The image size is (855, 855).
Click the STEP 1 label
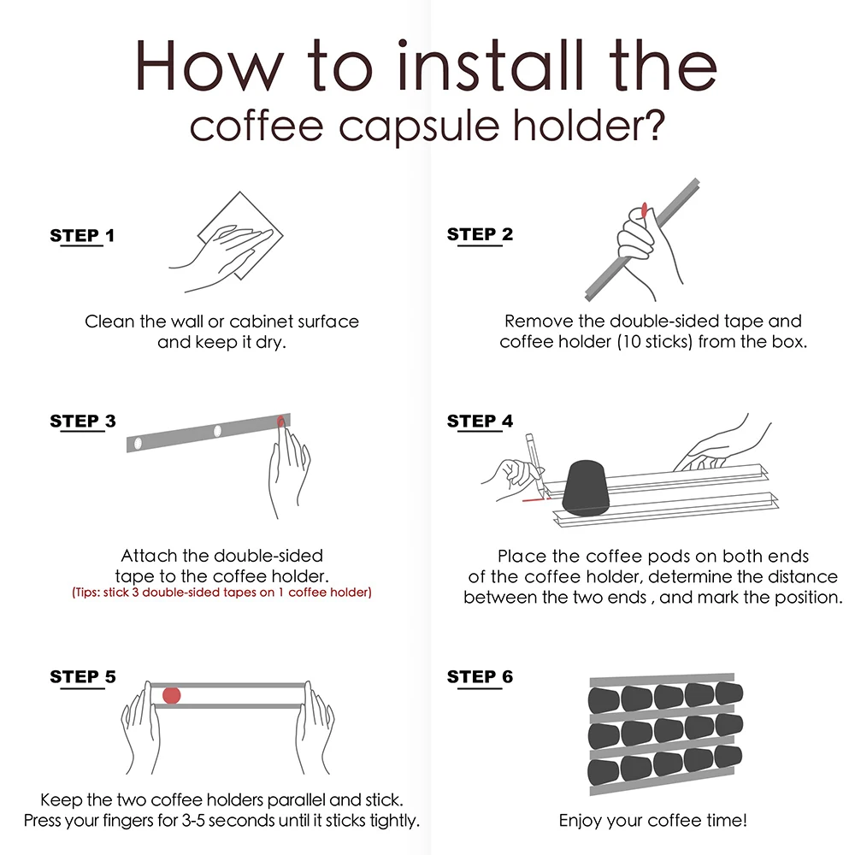click(82, 236)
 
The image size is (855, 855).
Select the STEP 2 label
click(480, 234)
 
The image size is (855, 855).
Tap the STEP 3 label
click(83, 421)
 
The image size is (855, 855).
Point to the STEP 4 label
click(480, 421)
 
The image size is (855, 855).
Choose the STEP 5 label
click(83, 677)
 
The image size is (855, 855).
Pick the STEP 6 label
click(480, 677)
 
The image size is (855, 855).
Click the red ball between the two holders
click(172, 694)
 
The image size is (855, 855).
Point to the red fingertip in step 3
click(281, 420)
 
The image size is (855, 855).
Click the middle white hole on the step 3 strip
click(217, 431)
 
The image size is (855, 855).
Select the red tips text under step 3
click(221, 592)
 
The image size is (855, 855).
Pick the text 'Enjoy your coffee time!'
click(653, 821)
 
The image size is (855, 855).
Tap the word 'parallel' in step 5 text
click(297, 801)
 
